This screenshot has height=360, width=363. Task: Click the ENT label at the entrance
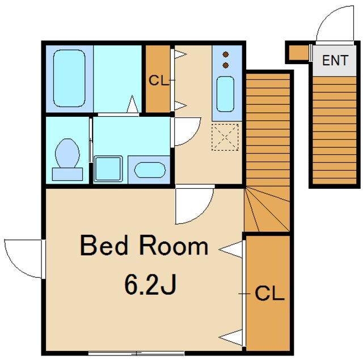point(335,60)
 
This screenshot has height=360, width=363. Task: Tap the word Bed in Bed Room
point(104,245)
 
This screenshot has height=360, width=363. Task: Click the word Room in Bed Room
point(174,245)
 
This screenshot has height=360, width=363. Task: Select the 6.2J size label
point(150,284)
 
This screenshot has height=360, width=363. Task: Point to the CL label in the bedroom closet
point(269,293)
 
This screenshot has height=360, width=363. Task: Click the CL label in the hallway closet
point(158,81)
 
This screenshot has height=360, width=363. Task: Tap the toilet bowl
point(67,153)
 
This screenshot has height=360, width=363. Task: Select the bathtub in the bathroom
point(69,78)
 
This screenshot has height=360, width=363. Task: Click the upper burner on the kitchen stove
point(226,54)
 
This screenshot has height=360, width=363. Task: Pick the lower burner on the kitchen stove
point(226,65)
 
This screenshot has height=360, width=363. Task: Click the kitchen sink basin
point(225,94)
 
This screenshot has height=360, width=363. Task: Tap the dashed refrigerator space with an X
point(225,137)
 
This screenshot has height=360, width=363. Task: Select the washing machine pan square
point(108,169)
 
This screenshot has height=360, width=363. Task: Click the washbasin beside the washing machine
point(150,170)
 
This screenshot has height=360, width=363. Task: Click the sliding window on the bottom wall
point(136,353)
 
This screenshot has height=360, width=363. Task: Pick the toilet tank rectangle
point(67,174)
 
